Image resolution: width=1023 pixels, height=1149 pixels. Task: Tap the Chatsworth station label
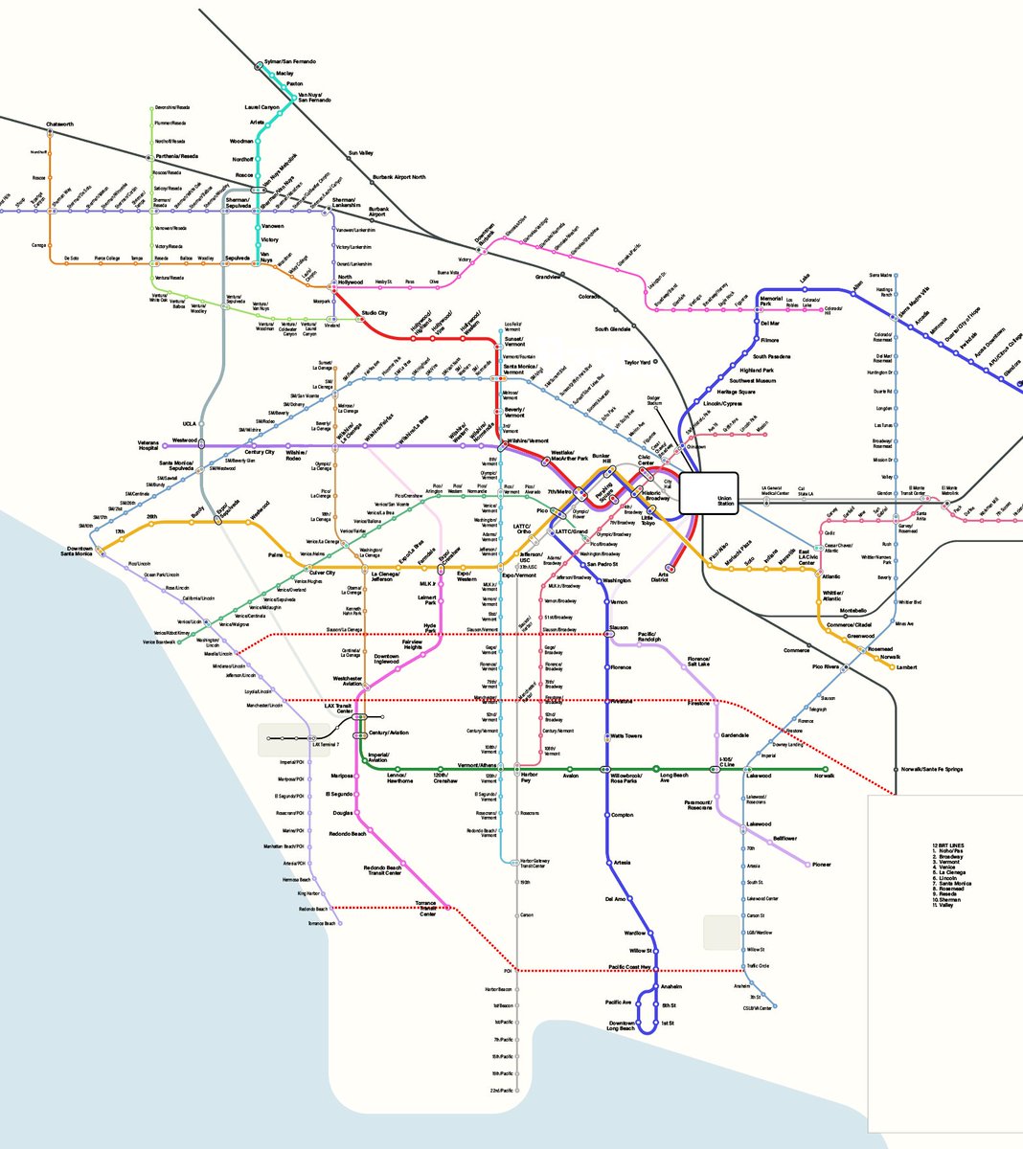(60, 124)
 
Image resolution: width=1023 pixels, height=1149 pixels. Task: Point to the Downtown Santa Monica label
(77, 552)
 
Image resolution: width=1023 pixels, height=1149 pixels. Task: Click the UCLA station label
(189, 423)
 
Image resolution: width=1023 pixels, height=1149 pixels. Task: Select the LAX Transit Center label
(338, 708)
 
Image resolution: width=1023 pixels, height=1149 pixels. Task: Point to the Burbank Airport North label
(398, 177)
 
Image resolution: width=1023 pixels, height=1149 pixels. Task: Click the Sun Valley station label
(360, 153)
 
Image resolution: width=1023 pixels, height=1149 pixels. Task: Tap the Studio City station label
(374, 313)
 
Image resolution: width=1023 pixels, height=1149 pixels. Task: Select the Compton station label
(622, 815)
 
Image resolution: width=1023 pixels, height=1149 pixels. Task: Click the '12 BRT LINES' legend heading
(948, 845)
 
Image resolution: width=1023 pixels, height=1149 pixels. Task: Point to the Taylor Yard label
(638, 363)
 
